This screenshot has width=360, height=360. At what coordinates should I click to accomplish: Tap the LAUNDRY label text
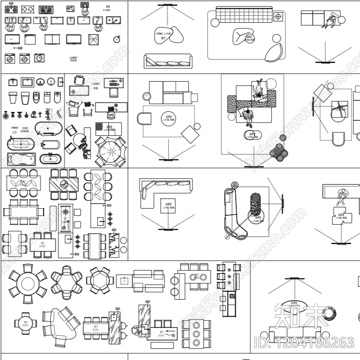[74, 58]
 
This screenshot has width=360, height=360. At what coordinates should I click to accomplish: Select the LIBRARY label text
[96, 83]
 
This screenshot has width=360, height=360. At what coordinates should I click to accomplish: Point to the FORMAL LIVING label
[163, 34]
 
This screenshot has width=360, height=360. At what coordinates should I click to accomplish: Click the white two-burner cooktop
[27, 9]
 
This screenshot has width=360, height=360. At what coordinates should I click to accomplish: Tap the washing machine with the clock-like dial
[40, 57]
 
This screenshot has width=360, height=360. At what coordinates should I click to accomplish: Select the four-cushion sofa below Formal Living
[167, 60]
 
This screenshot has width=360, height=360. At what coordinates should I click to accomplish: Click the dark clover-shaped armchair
[279, 152]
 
